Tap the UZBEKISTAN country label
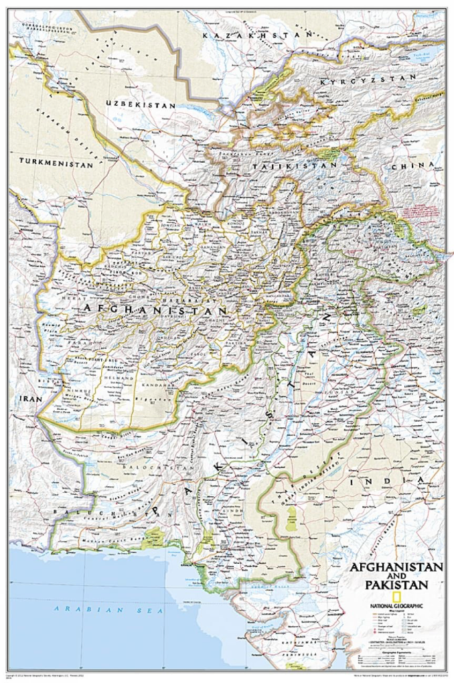[141, 105]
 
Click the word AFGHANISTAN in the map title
[396, 566]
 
